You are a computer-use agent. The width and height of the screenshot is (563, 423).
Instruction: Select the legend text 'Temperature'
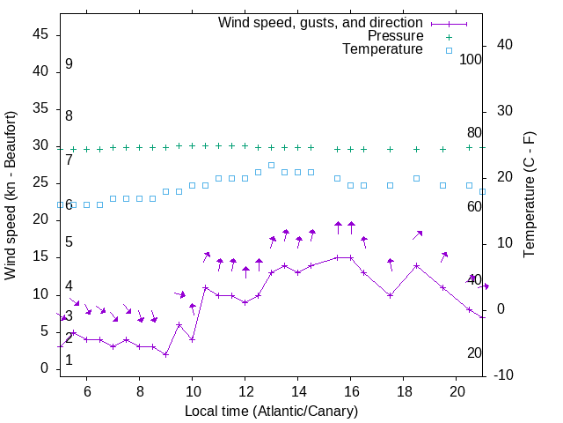point(383,49)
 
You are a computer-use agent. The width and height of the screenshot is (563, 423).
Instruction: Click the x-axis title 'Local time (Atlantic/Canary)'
point(272,412)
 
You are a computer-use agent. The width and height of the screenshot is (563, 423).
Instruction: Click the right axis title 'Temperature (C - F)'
point(529,196)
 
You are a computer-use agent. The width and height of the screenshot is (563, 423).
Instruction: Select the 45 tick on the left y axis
point(40,34)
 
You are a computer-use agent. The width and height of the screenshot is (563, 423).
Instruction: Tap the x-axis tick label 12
point(245,391)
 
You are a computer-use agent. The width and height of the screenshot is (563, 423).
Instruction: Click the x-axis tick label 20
point(457,391)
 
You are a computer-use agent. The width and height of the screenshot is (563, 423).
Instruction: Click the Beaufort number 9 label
point(69,64)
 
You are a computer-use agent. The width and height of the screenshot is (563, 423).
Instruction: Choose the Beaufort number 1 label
point(69,360)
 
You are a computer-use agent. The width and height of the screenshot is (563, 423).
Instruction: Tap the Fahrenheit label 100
point(471,59)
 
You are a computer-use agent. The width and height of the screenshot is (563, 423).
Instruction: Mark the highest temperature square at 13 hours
point(271,165)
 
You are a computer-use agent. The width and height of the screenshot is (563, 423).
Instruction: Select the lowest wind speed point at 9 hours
point(165,354)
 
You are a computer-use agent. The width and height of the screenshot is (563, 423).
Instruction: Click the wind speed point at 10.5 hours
point(205,287)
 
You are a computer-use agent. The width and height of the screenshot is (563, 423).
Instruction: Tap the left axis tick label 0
point(44,368)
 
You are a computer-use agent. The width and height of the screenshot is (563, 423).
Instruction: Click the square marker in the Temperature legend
point(449,50)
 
